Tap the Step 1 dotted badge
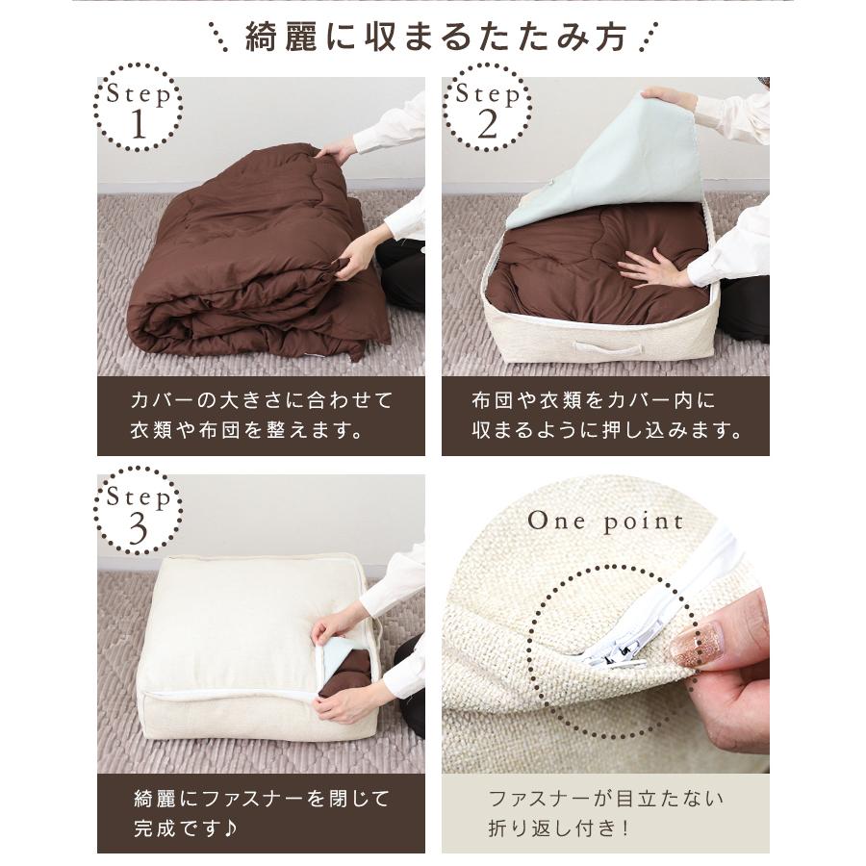click(137, 108)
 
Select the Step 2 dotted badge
click(487, 108)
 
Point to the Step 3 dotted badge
click(138, 511)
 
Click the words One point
click(605, 522)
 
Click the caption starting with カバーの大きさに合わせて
click(261, 415)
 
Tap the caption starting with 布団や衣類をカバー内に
click(605, 415)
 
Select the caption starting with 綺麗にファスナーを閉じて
click(261, 813)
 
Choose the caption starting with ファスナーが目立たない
click(605, 813)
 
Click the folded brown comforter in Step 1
click(250, 260)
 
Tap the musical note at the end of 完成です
click(235, 828)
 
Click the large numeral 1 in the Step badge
click(137, 125)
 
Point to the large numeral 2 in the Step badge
click(487, 125)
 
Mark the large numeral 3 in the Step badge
click(138, 528)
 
